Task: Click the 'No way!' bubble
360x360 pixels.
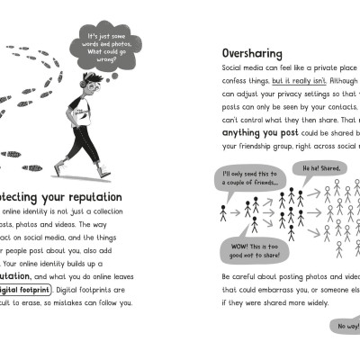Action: click(346, 325)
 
